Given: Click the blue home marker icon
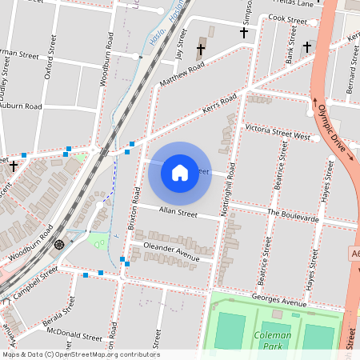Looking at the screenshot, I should [x=180, y=172].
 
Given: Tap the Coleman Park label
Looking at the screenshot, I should [x=272, y=341].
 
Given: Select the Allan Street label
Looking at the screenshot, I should [x=178, y=213].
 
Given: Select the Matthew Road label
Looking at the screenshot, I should [x=182, y=75].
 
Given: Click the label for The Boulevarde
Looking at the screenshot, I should [x=293, y=216].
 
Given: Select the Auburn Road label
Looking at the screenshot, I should [x=20, y=106].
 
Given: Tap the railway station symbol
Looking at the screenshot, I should [x=59, y=244].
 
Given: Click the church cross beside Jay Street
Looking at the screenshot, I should [x=200, y=50].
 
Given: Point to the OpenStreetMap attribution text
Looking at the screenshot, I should [x=80, y=354].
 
